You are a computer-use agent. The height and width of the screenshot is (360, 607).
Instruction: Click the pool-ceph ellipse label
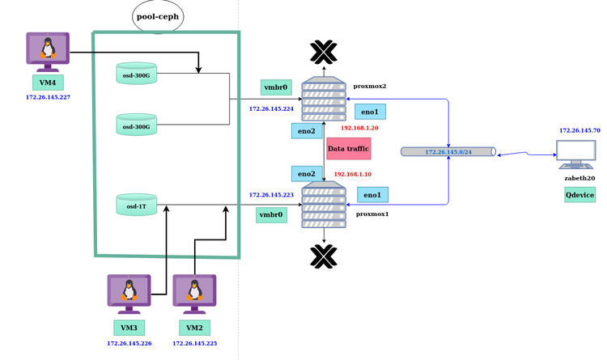coord(158,16)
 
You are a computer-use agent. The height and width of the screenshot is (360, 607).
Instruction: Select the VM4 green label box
coord(48,82)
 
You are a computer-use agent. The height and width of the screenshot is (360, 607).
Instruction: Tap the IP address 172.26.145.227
coord(48,97)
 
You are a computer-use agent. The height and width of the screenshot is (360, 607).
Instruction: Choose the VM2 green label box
coord(194,328)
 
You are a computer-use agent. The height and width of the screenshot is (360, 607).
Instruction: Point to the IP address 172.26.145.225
coord(194,343)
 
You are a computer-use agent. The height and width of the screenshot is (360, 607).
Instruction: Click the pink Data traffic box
coord(348,149)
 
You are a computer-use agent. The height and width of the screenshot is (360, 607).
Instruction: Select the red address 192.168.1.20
coord(359,128)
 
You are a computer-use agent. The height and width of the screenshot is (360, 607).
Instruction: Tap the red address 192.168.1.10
coord(353,174)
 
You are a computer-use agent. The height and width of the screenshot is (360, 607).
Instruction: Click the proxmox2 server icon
coord(324,99)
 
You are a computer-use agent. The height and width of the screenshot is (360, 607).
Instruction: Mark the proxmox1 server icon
coord(324,205)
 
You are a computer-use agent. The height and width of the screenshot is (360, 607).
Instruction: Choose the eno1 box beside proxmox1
coord(373,194)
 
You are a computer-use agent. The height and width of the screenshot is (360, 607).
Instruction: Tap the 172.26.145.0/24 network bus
coord(448,151)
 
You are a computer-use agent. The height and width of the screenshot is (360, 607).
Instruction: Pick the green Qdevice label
coord(579,195)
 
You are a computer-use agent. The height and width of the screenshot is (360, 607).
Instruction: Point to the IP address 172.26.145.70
coord(579,130)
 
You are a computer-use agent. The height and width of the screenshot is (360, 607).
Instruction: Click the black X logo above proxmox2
coord(323,53)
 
